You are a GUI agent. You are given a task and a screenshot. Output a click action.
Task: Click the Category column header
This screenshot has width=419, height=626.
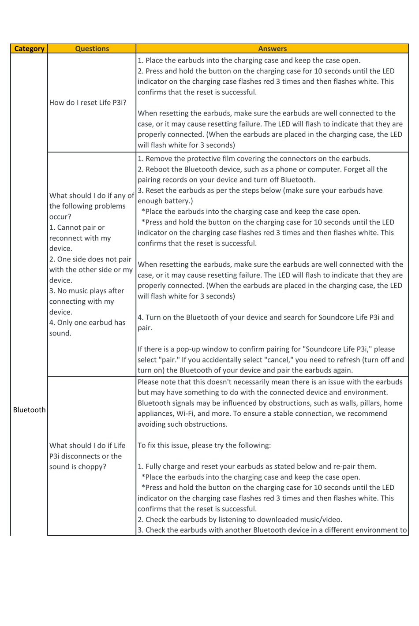[x=29, y=49]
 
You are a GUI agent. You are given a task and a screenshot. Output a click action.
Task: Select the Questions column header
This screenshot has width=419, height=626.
[x=92, y=49]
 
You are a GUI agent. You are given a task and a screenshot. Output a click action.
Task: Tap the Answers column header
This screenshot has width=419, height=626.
[x=272, y=49]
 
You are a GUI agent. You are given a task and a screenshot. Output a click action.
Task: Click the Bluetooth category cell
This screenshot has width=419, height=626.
[x=29, y=410]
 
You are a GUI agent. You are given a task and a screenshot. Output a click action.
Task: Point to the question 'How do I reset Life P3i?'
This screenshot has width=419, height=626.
[x=88, y=103]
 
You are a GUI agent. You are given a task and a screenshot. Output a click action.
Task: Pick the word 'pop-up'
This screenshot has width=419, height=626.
[x=188, y=349]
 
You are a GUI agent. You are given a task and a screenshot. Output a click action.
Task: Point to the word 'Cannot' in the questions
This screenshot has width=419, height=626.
[x=70, y=227]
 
